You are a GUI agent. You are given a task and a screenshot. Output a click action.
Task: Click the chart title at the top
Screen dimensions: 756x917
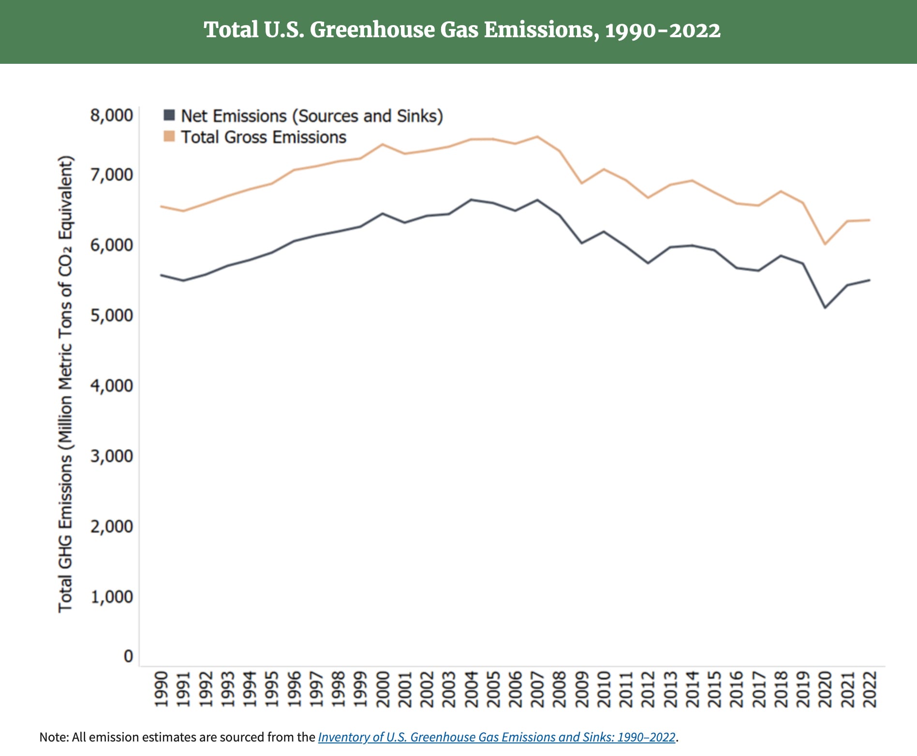click(462, 30)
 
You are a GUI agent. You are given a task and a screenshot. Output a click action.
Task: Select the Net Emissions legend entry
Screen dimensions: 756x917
click(311, 116)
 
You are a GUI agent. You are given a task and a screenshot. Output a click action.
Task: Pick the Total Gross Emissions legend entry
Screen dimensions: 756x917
click(264, 137)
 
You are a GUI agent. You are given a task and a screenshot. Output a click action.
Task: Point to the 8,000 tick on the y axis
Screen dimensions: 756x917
click(111, 116)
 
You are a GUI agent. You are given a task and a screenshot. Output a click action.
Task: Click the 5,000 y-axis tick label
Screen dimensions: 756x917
click(111, 315)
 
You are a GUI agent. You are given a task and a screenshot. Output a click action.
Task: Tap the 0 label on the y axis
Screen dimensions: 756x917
click(128, 656)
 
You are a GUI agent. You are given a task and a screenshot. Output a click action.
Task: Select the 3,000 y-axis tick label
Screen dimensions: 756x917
click(111, 456)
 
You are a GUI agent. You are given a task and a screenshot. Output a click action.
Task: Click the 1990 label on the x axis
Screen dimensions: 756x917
click(161, 689)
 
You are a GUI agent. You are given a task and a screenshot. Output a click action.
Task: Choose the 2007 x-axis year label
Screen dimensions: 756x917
click(537, 689)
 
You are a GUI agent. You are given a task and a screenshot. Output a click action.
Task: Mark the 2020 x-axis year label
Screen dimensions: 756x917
click(825, 689)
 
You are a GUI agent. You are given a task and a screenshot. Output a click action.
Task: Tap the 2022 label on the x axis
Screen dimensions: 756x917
click(870, 689)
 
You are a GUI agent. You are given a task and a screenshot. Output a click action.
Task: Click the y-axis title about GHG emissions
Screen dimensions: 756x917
click(65, 384)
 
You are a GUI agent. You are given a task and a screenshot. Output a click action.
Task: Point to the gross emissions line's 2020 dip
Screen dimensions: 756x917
click(825, 244)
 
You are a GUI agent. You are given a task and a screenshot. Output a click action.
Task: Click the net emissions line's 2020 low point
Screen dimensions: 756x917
click(825, 307)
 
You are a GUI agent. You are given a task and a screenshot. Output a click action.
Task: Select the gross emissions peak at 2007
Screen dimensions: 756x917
click(537, 137)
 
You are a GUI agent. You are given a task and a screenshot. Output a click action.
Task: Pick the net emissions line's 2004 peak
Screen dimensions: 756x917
click(471, 200)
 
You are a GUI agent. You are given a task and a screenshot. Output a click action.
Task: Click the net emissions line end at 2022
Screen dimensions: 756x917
click(870, 280)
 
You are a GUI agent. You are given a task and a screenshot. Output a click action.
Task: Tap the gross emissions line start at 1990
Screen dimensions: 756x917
click(161, 206)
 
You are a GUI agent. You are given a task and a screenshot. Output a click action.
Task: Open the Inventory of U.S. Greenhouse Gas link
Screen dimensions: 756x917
click(496, 737)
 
